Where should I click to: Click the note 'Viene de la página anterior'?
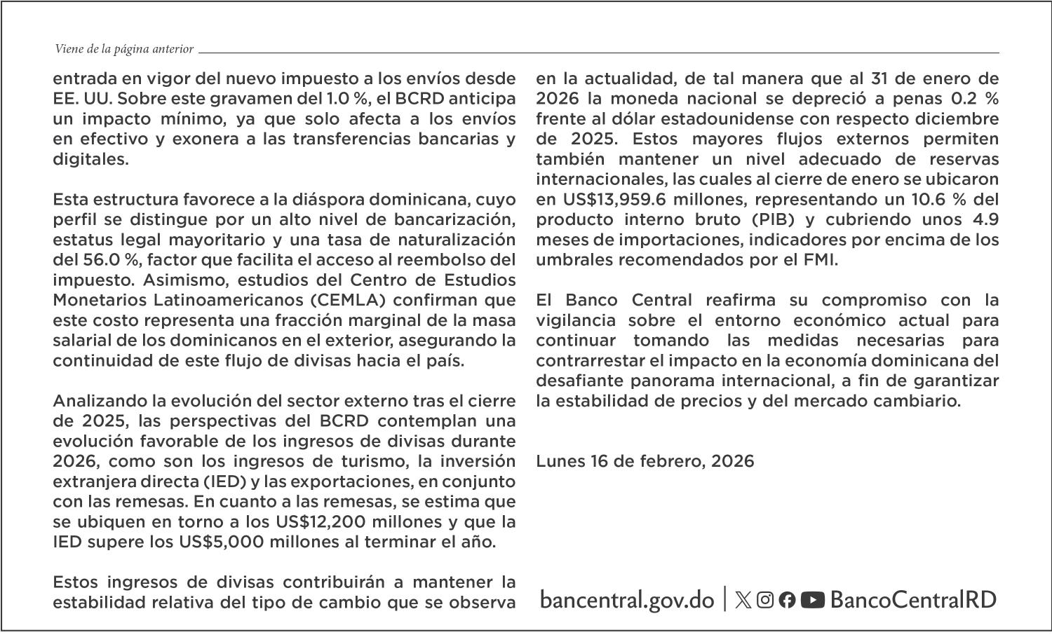(x=124, y=49)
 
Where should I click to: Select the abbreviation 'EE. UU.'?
(x=79, y=98)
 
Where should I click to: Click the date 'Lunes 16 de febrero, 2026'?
(x=645, y=461)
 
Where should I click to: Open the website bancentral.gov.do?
(x=627, y=601)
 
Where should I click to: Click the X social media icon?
(x=743, y=600)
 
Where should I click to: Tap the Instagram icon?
(x=765, y=600)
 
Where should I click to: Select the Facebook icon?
(x=787, y=600)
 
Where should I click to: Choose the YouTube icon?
(x=812, y=600)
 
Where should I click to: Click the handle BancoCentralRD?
(x=913, y=601)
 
